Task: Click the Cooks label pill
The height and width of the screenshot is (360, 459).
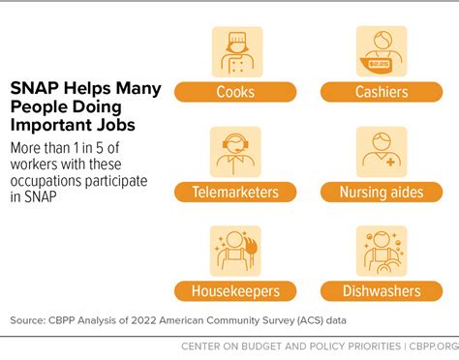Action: point(235,93)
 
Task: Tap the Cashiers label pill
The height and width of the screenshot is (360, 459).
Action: point(381,93)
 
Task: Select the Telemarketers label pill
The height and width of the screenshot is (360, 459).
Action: point(235,192)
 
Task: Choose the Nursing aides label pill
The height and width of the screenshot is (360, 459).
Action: point(381,192)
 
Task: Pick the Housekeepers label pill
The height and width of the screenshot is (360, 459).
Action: point(235,290)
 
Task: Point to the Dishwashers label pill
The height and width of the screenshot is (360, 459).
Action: point(381,290)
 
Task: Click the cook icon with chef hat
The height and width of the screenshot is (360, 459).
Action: point(235,51)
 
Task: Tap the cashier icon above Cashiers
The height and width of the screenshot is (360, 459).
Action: point(381,51)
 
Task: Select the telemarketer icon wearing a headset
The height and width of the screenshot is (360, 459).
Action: point(235,151)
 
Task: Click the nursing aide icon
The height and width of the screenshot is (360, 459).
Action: point(381,151)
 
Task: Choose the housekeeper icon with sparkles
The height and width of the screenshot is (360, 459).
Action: point(235,250)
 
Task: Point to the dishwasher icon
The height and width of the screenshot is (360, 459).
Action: point(381,250)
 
